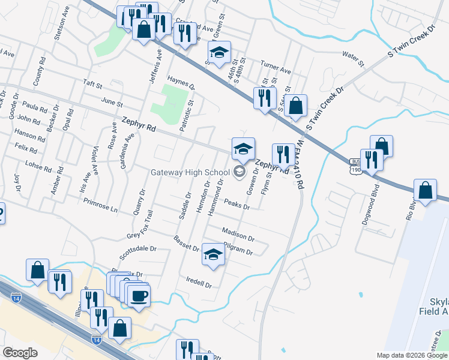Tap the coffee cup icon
click(139, 295)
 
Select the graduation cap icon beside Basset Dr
click(213, 255)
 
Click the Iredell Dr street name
click(199, 282)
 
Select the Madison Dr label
click(238, 232)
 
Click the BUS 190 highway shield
click(356, 166)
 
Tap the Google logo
click(20, 353)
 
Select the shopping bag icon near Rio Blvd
click(425, 190)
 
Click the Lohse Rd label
click(35, 163)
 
